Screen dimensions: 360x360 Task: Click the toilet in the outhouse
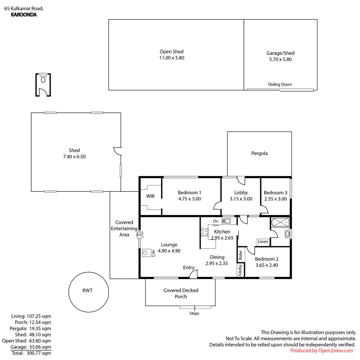coord(43,78)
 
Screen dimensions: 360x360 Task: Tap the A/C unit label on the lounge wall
coord(139,235)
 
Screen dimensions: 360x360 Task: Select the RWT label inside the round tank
coord(87,290)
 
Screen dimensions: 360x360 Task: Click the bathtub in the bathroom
coord(280,222)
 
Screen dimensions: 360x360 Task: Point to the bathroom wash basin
coord(287,234)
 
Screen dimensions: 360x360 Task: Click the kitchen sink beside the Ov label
coord(226,221)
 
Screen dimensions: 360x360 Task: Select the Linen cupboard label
coord(263,242)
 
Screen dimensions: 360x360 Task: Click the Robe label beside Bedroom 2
coord(240,255)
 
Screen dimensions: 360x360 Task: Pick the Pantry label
coord(240,270)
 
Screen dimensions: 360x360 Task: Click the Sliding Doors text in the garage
coord(280,84)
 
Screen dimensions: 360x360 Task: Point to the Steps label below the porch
coord(194,313)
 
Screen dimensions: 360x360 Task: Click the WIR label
coord(150,196)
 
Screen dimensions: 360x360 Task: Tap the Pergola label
coord(259,153)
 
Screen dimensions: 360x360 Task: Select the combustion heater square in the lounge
coord(147,253)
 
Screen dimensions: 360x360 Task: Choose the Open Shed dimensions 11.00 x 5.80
coord(172,58)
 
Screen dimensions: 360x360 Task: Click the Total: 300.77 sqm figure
coord(31,353)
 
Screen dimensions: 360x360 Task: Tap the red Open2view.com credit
coord(322,351)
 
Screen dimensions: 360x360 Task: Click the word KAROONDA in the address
coord(24,15)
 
